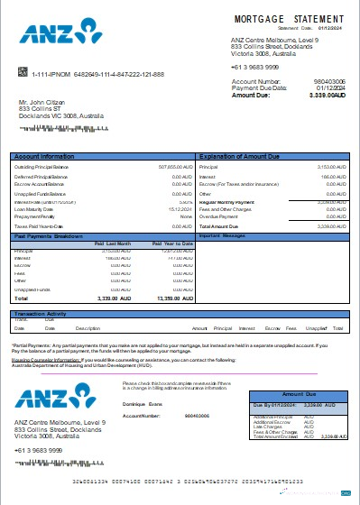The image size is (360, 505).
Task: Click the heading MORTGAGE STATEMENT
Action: coord(289,18)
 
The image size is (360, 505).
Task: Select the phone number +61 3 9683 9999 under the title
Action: coord(254,68)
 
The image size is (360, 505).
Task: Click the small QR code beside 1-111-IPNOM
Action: coord(20,73)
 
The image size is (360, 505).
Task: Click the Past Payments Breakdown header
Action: coord(50,234)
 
